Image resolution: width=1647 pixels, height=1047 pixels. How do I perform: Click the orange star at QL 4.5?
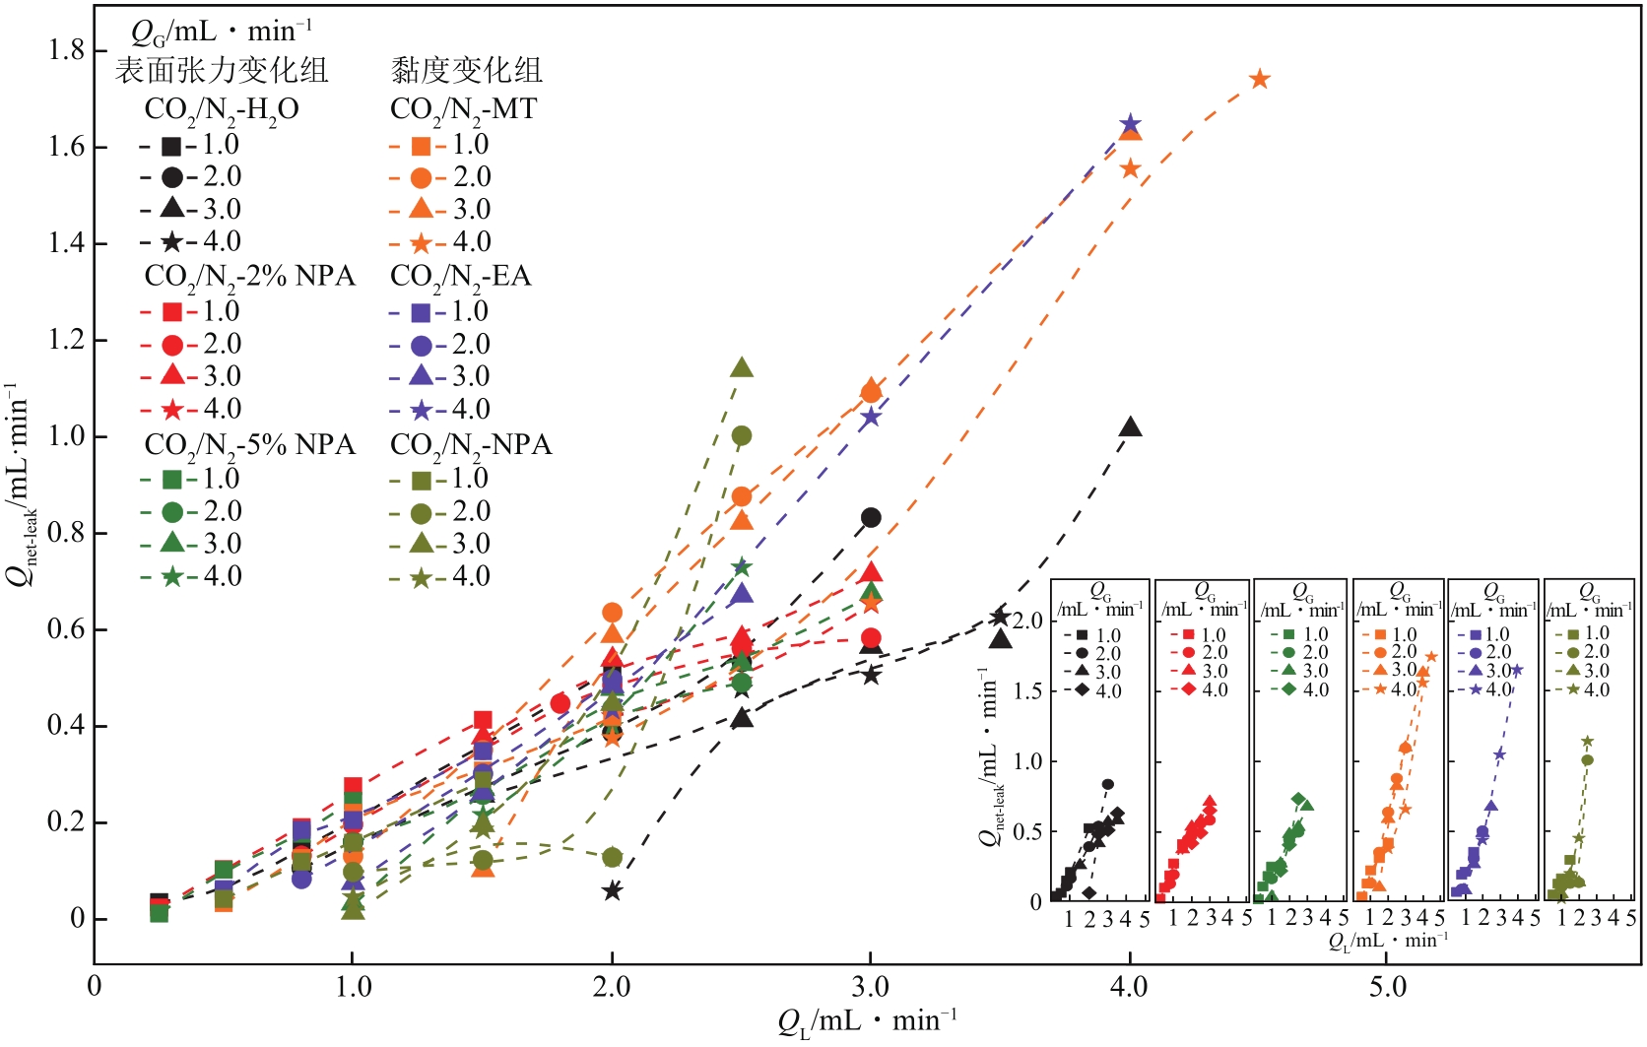[1259, 79]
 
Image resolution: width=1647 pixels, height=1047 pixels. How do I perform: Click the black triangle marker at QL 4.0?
[1131, 427]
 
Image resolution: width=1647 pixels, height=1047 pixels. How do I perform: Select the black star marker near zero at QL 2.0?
[612, 890]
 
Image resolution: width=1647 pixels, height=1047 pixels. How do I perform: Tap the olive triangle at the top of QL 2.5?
[742, 368]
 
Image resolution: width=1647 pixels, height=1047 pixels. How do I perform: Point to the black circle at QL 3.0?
[871, 517]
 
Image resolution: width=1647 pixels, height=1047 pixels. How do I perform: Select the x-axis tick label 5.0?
[1388, 986]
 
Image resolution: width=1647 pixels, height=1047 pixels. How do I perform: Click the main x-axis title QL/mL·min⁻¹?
[867, 1022]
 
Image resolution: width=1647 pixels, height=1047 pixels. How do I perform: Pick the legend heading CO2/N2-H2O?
[222, 109]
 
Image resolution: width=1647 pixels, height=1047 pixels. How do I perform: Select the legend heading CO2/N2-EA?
[460, 277]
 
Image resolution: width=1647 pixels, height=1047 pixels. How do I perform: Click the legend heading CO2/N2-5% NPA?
[249, 445]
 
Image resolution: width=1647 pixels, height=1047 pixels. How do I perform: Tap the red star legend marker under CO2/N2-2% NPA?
[171, 409]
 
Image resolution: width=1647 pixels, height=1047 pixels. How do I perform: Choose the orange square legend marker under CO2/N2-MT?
[421, 146]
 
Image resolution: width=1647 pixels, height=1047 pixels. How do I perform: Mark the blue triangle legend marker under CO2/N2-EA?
[421, 376]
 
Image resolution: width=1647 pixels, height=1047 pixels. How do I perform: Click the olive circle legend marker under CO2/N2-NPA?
[421, 512]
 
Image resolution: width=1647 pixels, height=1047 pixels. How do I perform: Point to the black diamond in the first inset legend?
[1083, 690]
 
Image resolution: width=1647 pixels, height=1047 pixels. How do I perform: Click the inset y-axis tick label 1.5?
[1027, 690]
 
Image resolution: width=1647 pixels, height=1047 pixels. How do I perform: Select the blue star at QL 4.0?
[1130, 125]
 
